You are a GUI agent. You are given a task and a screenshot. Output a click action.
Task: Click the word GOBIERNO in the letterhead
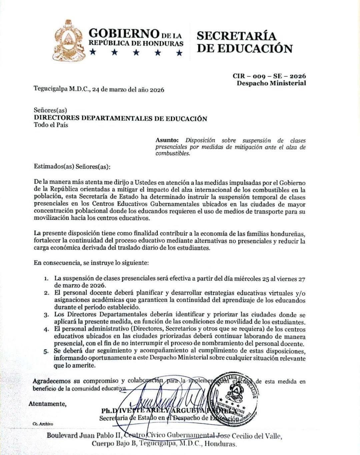(123, 33)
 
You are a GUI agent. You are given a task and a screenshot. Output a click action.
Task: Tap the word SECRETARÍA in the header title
(237, 35)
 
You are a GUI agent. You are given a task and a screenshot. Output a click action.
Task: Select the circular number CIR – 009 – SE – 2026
(269, 76)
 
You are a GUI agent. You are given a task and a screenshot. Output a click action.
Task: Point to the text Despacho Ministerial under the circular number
(271, 83)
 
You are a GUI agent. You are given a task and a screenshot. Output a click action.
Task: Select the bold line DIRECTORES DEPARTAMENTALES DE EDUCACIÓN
(120, 119)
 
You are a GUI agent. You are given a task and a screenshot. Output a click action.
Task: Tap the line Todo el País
(51, 125)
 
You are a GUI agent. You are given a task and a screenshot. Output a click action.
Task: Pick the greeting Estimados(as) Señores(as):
(72, 166)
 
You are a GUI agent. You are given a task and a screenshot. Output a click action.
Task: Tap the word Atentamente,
(47, 404)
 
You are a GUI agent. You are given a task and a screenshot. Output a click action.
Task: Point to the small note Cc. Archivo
(43, 424)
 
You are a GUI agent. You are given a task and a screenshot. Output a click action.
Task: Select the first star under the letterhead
(93, 52)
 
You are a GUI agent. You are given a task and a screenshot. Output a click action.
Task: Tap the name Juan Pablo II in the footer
(102, 436)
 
